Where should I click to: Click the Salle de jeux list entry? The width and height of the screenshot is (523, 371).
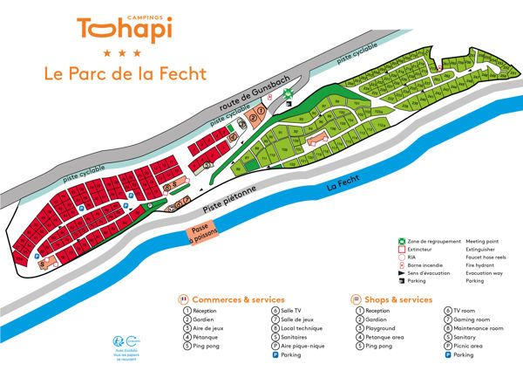click(x=300, y=319)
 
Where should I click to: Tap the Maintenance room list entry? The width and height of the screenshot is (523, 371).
click(x=479, y=328)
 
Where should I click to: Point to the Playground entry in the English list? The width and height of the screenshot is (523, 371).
click(x=382, y=328)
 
